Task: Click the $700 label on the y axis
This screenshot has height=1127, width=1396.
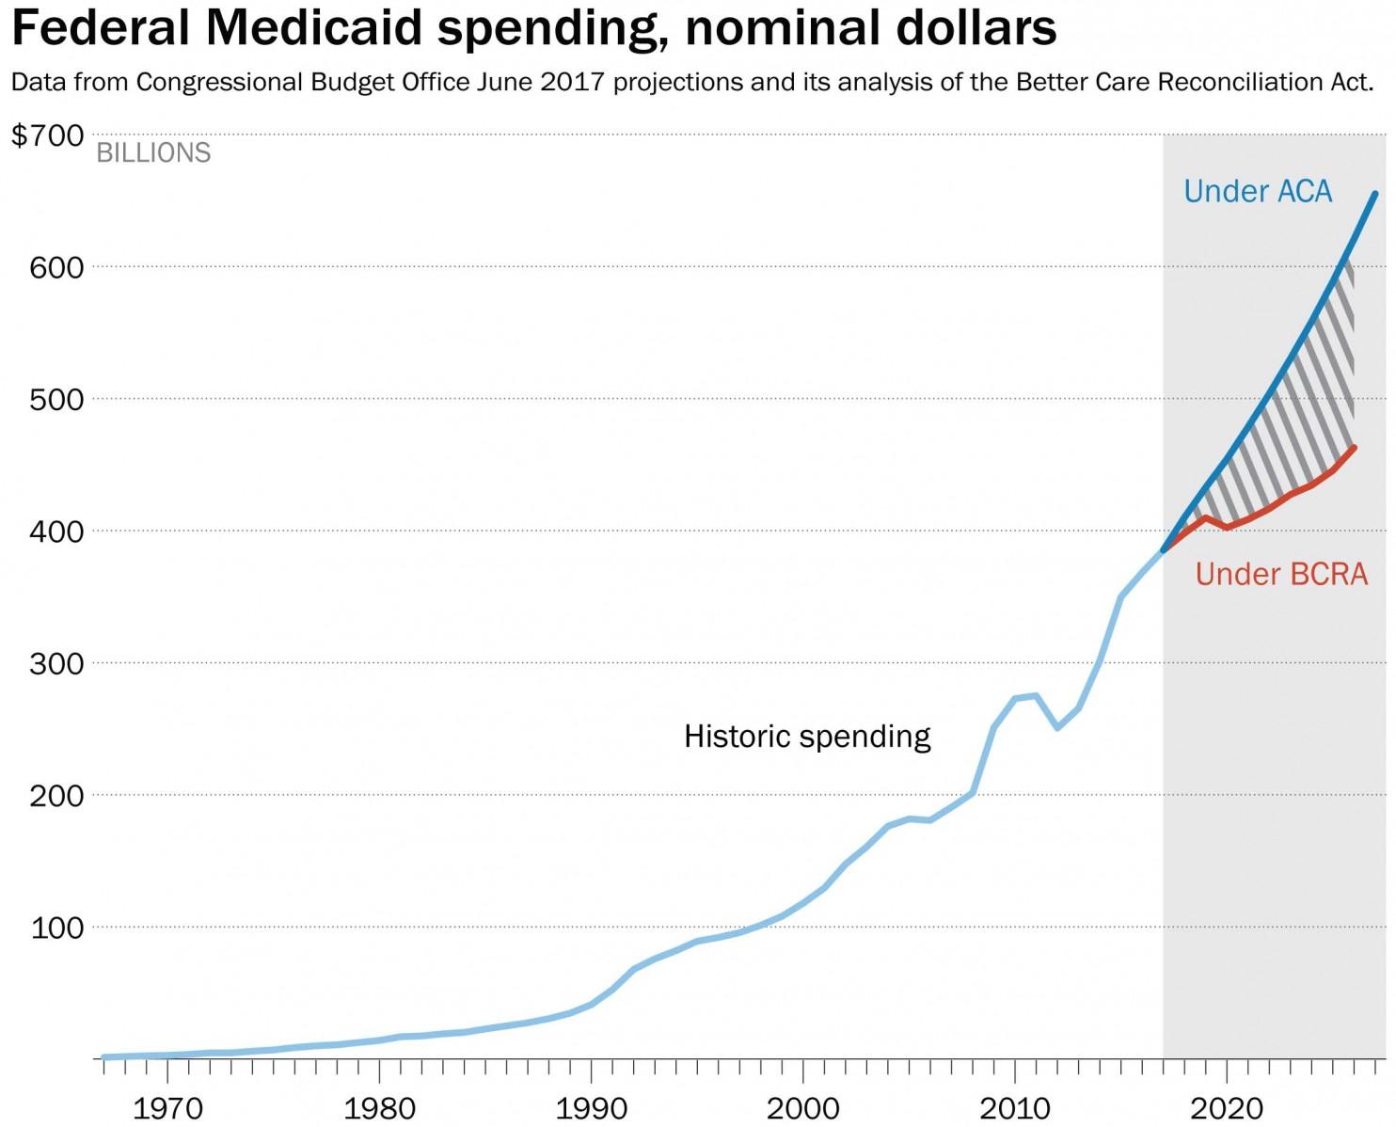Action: coord(47,135)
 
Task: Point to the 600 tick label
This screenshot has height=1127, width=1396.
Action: coord(56,268)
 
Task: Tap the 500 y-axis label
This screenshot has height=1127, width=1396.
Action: coord(56,400)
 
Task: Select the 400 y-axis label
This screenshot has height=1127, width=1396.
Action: coord(56,532)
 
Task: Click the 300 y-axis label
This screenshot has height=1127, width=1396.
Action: coord(56,664)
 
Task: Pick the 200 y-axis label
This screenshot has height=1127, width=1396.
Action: coord(56,796)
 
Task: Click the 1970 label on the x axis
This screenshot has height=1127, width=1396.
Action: coord(167,1108)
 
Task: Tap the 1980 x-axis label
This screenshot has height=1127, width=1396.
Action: coord(379,1108)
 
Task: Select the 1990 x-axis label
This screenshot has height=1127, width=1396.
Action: coord(591,1108)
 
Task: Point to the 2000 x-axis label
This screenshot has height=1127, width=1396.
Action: coord(802,1108)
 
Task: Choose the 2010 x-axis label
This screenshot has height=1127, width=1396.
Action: coord(1015,1108)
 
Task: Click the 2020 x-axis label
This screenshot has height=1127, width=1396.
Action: coord(1227,1108)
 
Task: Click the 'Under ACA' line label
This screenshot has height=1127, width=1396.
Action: coord(1258,192)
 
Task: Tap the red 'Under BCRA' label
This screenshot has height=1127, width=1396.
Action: coord(1281,574)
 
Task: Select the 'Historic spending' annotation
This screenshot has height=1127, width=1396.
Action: coord(807,736)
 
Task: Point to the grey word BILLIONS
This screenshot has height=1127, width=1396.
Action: coord(153,153)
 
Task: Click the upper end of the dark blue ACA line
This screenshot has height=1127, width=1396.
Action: coord(1375,194)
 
